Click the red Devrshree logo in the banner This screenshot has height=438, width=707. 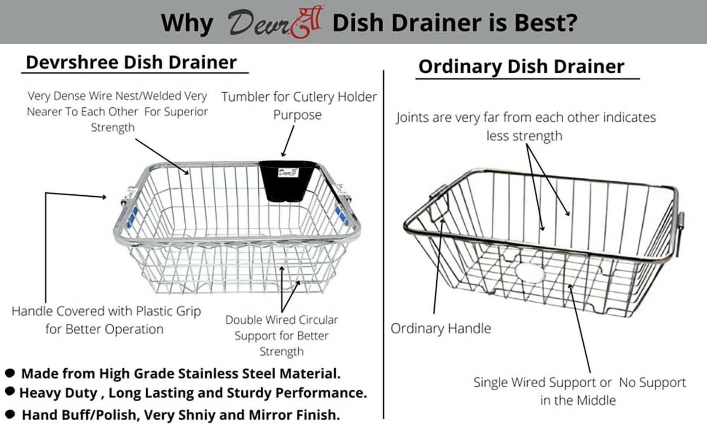[275, 22]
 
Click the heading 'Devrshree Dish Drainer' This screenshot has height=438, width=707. [131, 62]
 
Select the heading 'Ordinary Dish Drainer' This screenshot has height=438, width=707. [521, 67]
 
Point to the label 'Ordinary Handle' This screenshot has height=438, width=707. [441, 328]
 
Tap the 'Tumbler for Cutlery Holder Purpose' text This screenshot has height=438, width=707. [298, 106]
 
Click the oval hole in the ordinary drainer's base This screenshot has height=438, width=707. [530, 273]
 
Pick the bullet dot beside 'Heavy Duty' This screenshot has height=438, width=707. [10, 391]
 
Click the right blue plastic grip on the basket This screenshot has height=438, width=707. [342, 215]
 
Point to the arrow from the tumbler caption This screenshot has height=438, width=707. [288, 141]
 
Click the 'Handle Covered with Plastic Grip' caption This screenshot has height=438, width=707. [106, 311]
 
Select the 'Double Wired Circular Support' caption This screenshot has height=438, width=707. [282, 320]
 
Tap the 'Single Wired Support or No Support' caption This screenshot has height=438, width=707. [580, 382]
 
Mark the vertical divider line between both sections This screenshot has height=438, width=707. [384, 244]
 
